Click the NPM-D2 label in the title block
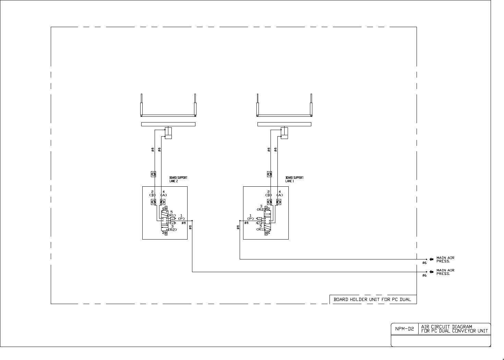click(x=405, y=329)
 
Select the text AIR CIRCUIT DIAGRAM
click(x=446, y=327)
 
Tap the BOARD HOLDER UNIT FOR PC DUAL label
click(x=372, y=299)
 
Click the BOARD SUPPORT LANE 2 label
click(x=178, y=179)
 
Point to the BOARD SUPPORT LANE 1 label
click(x=294, y=179)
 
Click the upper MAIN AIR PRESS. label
click(x=445, y=259)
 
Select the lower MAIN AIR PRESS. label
click(x=445, y=272)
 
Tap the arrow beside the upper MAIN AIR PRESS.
click(x=431, y=259)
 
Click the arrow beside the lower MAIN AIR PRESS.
click(x=431, y=272)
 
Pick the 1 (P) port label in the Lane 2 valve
click(x=181, y=217)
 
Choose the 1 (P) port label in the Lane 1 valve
click(x=251, y=217)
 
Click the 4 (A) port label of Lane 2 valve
click(x=164, y=193)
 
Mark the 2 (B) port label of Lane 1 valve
click(x=268, y=193)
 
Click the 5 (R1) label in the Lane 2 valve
click(x=172, y=213)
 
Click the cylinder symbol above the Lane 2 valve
click(x=168, y=133)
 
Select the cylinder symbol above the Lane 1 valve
click(x=284, y=133)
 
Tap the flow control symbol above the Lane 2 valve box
click(x=154, y=174)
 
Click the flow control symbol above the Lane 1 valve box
click(x=269, y=174)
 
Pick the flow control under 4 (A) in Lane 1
click(x=279, y=202)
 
